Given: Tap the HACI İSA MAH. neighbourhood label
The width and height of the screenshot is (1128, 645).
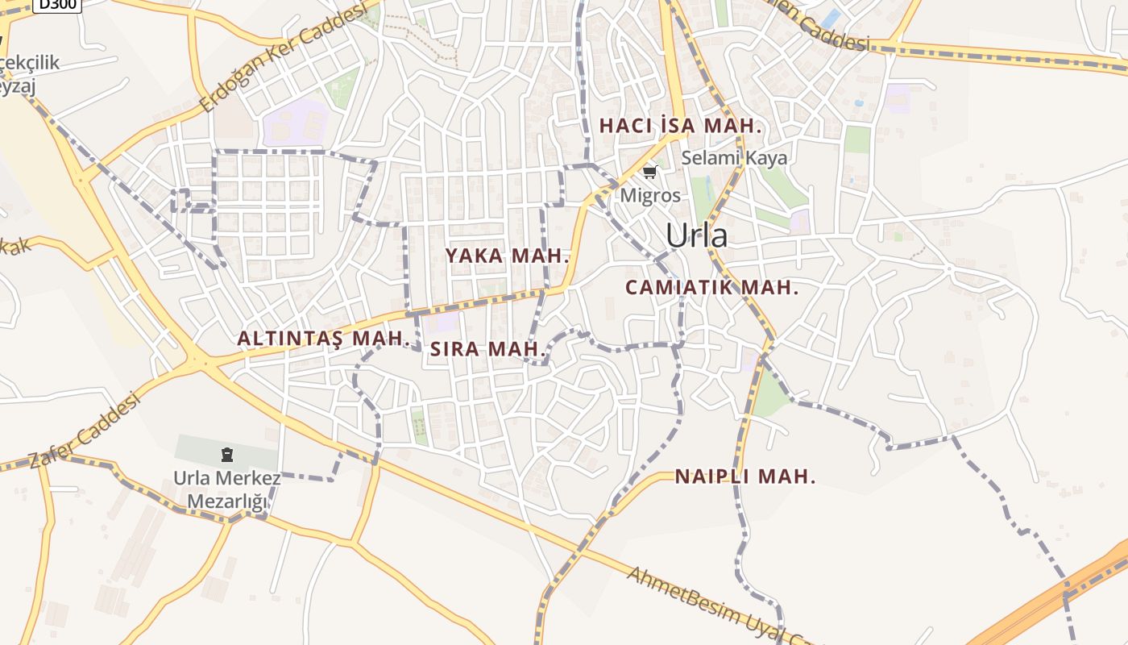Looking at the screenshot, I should pos(681,126).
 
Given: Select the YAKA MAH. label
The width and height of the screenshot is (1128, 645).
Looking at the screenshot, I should pos(508,256).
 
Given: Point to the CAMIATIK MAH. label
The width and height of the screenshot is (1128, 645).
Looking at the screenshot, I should pos(711,287).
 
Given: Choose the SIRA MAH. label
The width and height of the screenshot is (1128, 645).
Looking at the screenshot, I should pos(488,349).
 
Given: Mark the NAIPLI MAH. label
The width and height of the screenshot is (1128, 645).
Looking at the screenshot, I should pos(745,476).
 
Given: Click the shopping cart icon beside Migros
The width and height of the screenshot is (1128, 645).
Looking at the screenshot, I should pos(649,172).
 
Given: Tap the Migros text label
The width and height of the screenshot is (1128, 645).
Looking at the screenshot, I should pos(650,195).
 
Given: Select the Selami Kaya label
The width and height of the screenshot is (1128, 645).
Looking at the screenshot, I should pos(734,157).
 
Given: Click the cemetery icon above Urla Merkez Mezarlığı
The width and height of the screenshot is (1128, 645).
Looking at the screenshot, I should pos(226,456).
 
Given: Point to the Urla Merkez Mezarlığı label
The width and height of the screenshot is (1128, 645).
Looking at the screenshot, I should pos(227,489).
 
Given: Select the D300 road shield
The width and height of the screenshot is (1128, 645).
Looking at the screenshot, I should pos(57,5).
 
